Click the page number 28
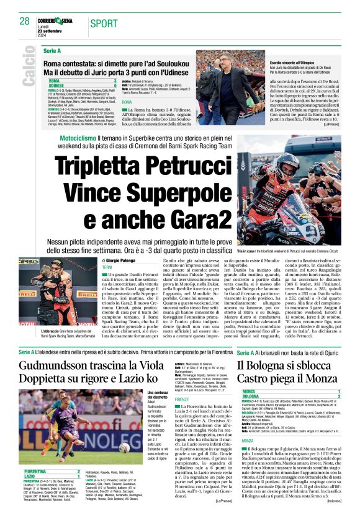pyautogui.click(x=25, y=21)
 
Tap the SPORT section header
pyautogui.click(x=104, y=24)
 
